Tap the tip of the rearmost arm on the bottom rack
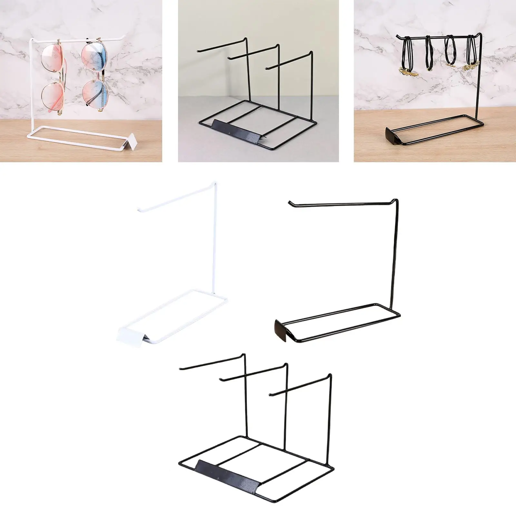pyautogui.click(x=180, y=368)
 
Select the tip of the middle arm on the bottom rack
pyautogui.click(x=220, y=378)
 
